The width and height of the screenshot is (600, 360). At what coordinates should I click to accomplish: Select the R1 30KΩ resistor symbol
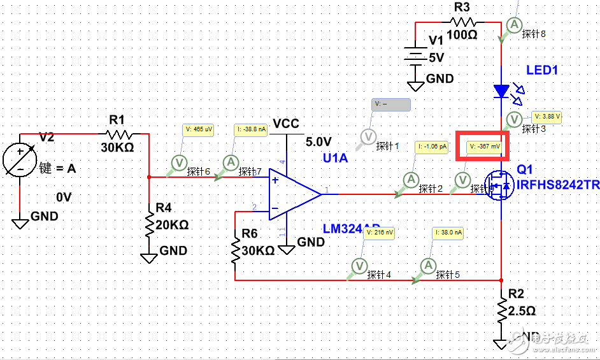point(120,134)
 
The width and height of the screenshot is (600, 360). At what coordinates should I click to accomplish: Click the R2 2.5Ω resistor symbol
point(502,312)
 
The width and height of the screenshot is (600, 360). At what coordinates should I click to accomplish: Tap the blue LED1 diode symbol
point(502,91)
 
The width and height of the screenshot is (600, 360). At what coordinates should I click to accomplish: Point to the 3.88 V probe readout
point(548,117)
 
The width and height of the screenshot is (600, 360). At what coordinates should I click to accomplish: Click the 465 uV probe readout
point(199,129)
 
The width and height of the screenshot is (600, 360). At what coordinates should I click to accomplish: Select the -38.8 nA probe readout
point(250,129)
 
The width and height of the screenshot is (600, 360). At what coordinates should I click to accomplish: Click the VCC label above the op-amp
point(285,124)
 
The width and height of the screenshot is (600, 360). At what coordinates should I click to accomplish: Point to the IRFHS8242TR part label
point(557,185)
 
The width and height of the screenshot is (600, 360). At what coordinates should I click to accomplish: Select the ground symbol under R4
point(149,257)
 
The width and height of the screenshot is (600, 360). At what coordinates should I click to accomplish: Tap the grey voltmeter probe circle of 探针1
point(368,136)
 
